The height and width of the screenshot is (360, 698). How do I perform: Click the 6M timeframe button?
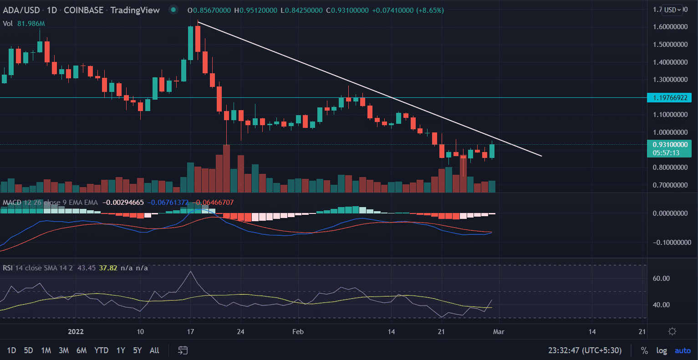[82, 350]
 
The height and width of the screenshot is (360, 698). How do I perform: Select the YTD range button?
[101, 350]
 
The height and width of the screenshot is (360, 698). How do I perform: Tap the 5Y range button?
[137, 350]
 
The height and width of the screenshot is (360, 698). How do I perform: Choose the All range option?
[154, 350]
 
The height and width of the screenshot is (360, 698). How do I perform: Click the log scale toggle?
[662, 350]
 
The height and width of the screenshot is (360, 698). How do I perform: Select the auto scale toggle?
[683, 350]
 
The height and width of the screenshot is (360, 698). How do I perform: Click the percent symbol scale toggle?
[644, 350]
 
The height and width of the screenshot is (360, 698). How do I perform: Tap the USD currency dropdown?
[673, 10]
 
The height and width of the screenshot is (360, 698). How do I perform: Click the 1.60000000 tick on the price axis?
[670, 27]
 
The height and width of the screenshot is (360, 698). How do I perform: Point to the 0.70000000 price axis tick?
[670, 185]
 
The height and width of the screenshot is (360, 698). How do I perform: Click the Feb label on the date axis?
[298, 331]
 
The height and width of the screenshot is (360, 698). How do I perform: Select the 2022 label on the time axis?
[76, 331]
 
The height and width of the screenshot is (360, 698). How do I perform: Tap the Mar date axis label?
[499, 331]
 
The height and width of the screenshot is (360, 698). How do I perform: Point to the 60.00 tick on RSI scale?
[661, 278]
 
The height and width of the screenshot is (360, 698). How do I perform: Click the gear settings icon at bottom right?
[672, 331]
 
